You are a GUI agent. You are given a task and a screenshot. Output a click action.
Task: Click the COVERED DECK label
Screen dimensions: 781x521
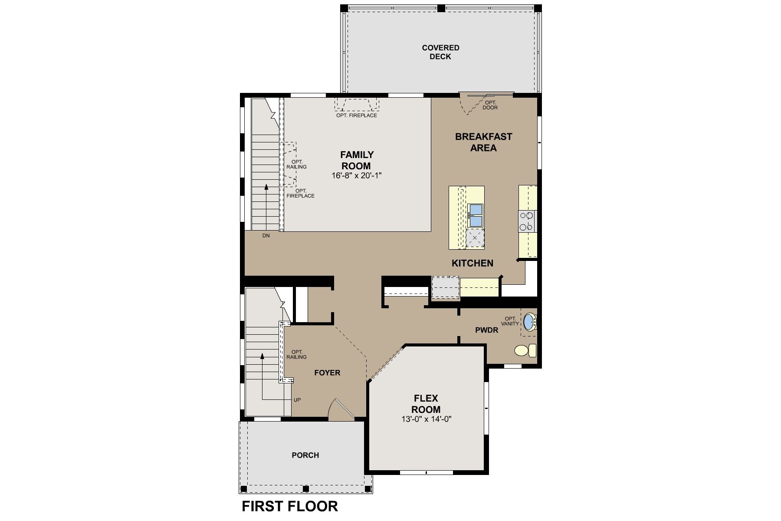[440, 52]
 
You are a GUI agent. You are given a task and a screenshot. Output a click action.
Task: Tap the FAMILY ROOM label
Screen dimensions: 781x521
[356, 160]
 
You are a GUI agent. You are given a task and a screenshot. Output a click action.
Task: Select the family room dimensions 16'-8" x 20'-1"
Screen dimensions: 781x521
[356, 176]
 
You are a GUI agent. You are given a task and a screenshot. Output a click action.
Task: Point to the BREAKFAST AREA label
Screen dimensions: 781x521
[483, 142]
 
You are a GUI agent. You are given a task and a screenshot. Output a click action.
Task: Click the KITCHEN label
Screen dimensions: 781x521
[473, 263]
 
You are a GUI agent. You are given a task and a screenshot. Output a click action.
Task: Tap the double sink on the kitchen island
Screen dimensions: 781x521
[476, 215]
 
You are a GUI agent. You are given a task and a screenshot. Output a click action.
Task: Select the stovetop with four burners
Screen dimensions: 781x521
[527, 221]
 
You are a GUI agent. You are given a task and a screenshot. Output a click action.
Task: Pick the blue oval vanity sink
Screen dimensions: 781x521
[528, 322]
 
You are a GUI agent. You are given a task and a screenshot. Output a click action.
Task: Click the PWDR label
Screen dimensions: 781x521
[486, 330]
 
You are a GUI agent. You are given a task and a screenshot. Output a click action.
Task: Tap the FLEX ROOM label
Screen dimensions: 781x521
[426, 404]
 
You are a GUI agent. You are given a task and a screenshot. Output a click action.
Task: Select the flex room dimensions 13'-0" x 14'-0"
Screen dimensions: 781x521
[427, 419]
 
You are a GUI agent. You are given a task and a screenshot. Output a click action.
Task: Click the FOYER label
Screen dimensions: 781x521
[327, 373]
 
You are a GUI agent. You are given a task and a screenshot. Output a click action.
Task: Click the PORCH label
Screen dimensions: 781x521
[305, 455]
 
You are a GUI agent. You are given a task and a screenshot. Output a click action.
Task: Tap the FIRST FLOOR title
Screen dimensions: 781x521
[290, 506]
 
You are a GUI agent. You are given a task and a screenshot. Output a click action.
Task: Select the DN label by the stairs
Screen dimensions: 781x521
[266, 236]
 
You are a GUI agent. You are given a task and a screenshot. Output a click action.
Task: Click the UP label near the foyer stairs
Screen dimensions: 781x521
[297, 400]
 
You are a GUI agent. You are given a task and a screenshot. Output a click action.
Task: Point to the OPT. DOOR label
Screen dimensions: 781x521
[490, 105]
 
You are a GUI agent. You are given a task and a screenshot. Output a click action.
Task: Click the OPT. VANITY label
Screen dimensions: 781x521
[510, 321]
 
